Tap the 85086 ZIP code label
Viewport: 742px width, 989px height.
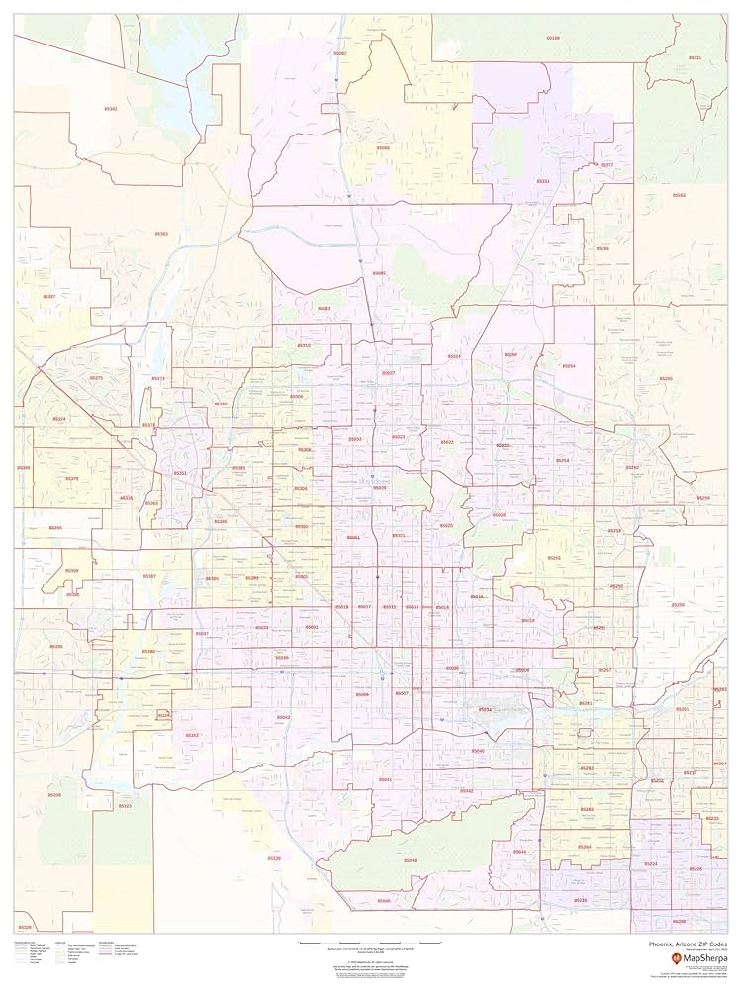383,148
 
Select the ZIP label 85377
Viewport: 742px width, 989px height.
607,164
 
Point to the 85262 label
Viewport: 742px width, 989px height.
679,195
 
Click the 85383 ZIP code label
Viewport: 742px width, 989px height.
161,234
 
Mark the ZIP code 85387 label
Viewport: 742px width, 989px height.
49,296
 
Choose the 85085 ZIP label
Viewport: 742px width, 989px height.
379,273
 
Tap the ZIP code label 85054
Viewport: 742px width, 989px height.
568,366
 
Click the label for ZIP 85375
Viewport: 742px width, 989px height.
96,378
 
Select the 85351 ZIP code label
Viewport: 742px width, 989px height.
180,474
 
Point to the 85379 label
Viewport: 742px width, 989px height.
71,479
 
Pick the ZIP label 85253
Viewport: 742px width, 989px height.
554,558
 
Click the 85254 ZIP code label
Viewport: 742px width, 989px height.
562,461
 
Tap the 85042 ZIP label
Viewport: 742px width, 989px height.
283,717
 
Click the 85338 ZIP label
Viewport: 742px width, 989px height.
54,795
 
